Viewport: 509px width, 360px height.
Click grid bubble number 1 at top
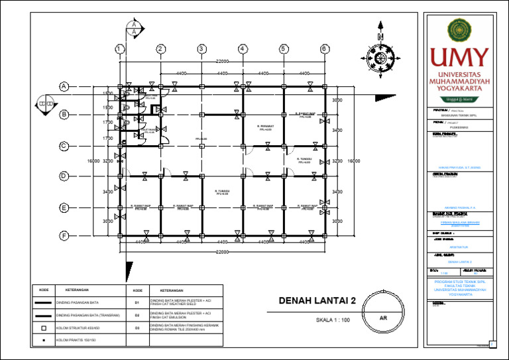click(117, 49)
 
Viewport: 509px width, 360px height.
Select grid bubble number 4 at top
click(243, 49)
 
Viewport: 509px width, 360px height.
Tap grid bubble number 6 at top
click(324, 49)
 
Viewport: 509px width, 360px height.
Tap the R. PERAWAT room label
click(266, 127)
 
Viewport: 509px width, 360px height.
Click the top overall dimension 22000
click(221, 62)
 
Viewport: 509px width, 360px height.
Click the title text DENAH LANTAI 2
click(317, 302)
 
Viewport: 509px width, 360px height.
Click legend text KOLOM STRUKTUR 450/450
click(78, 328)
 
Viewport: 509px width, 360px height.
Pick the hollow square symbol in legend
click(42, 328)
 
